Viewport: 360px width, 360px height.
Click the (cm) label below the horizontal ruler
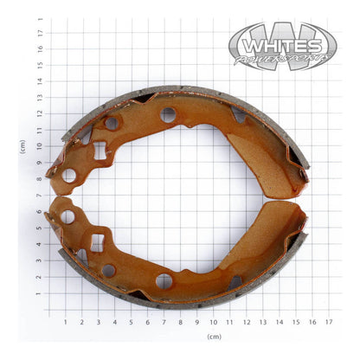click(213, 336)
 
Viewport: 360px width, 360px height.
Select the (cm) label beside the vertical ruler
click(22, 146)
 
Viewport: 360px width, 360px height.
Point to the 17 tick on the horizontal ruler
click(328, 322)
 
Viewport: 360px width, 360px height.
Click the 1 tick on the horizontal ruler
click(65, 322)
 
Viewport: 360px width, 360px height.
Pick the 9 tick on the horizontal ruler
click(196, 322)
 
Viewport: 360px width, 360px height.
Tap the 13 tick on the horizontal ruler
click(262, 322)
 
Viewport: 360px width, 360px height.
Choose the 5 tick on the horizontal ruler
click(131, 322)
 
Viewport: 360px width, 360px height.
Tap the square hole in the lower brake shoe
click(97, 242)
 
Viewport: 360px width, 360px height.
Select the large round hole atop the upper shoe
click(168, 113)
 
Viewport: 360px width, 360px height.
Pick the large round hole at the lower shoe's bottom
click(164, 280)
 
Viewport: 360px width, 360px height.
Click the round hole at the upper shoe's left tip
click(68, 176)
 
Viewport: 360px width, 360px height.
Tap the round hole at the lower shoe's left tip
click(67, 216)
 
